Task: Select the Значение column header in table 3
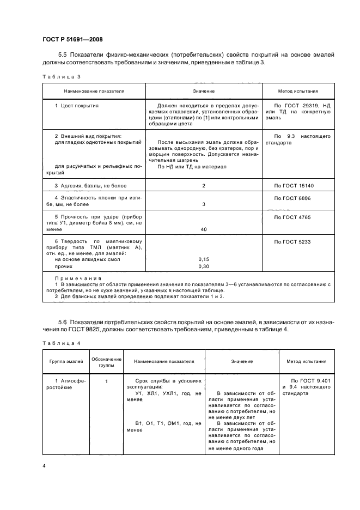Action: tap(204, 92)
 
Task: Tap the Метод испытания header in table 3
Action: tap(298, 92)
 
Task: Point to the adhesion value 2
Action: tap(204, 186)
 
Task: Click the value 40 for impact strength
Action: tap(204, 229)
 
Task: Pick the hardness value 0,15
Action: tap(204, 259)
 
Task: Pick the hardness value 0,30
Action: tap(204, 267)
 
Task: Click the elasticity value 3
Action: tap(204, 204)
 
